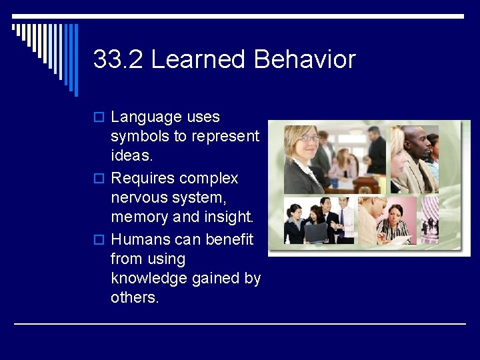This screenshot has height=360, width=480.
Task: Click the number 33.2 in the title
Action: click(x=119, y=60)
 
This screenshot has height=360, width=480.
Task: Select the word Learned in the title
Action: click(x=199, y=60)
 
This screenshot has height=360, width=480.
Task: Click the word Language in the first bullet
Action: click(x=146, y=118)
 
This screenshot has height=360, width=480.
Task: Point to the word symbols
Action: click(x=141, y=137)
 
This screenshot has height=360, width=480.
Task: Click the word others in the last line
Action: click(x=135, y=298)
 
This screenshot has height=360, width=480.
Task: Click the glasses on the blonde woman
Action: click(x=309, y=138)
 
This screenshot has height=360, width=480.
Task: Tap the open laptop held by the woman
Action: click(x=316, y=232)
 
